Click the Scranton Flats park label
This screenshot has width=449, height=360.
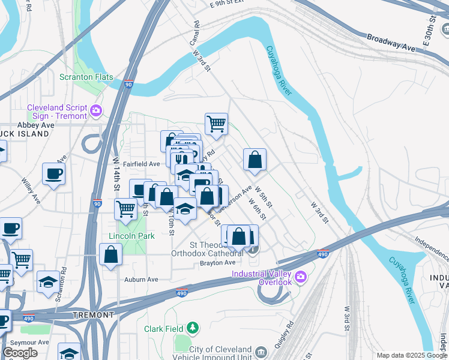[82, 77]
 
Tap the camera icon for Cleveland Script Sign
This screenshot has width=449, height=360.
[95, 110]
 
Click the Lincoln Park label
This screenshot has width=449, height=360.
[131, 236]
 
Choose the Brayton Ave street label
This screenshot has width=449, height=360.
[218, 263]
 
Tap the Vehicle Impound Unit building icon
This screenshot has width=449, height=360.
[261, 351]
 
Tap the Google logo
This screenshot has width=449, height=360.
[20, 353]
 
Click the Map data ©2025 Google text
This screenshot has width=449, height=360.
[412, 355]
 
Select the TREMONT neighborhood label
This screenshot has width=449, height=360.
[93, 315]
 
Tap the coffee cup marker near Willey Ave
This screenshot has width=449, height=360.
[53, 174]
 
